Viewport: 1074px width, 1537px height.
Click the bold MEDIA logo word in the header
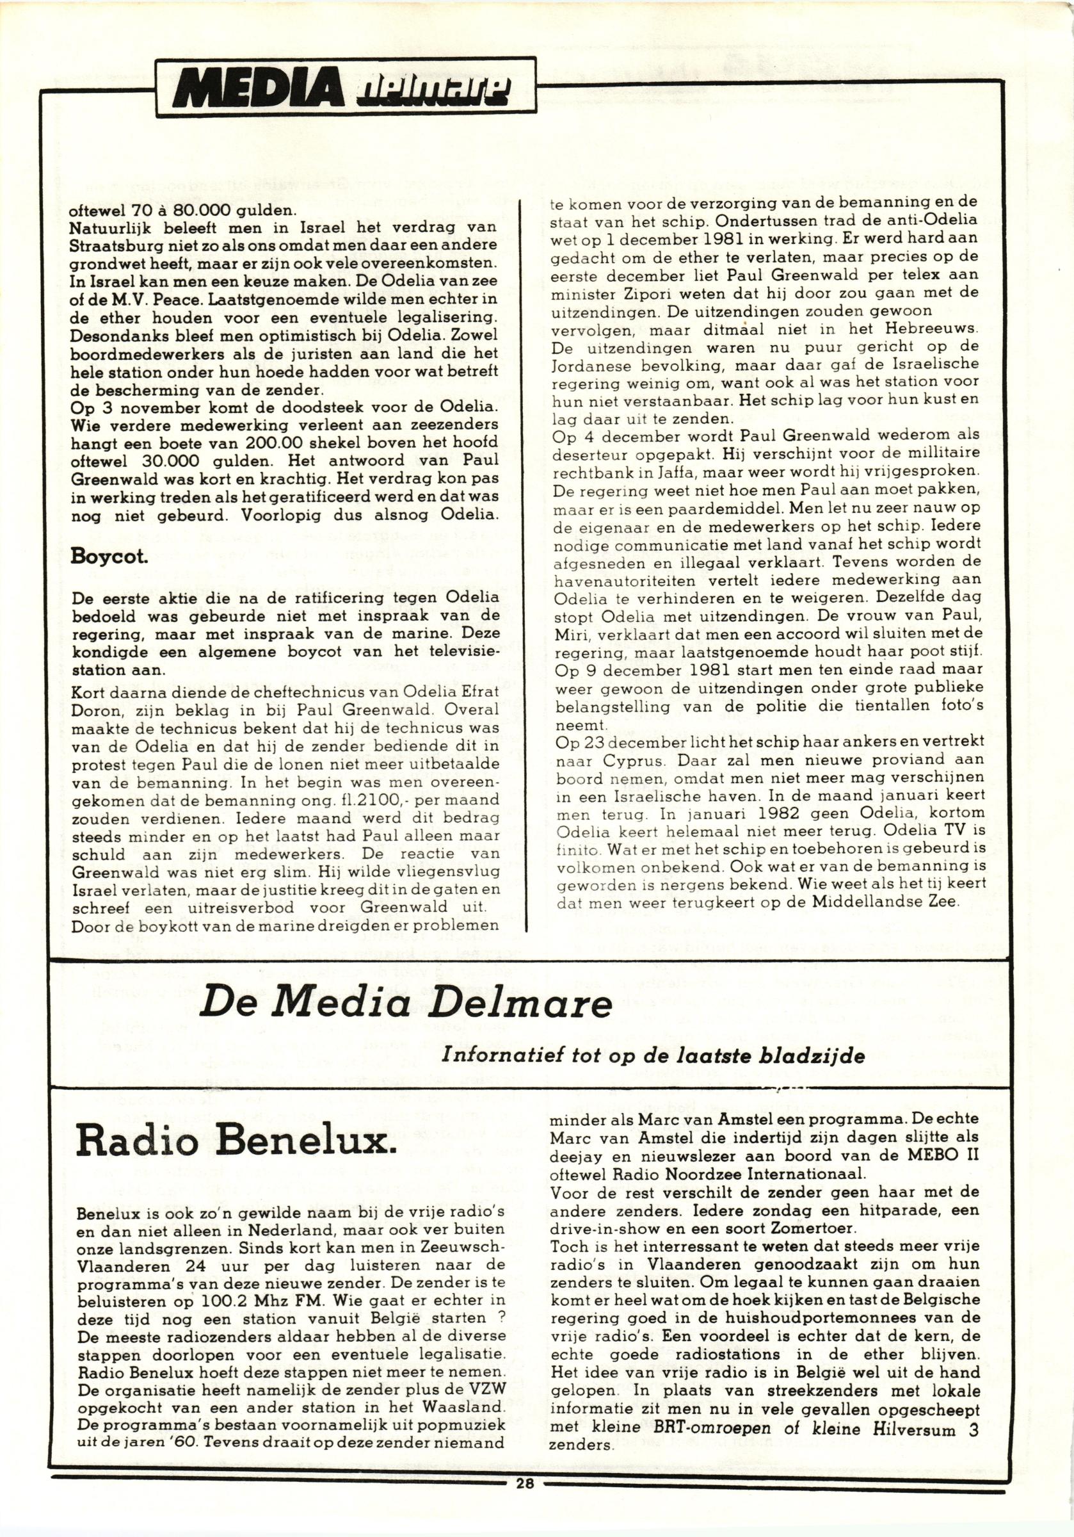(258, 88)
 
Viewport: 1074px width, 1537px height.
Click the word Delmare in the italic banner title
(522, 1004)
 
